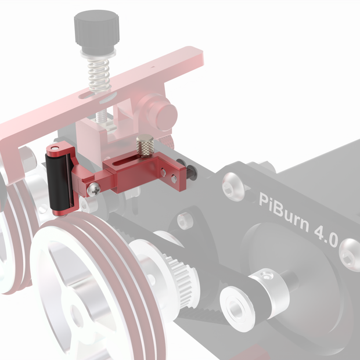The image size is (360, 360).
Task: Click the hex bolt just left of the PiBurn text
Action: [231, 187]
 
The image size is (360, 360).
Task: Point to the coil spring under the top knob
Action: [99, 74]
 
